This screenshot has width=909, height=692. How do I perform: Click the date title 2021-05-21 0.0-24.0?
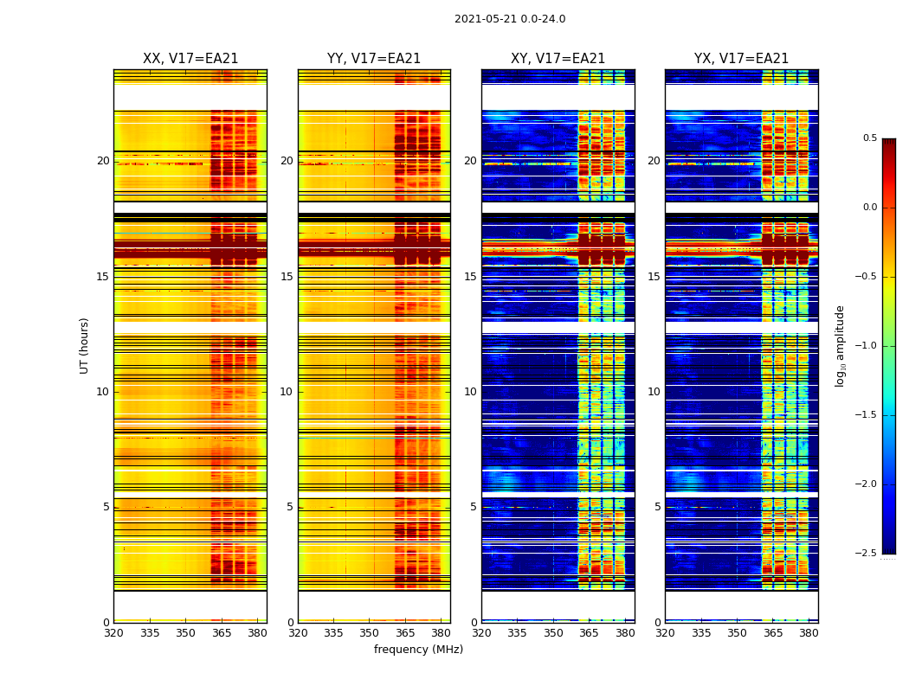point(510,19)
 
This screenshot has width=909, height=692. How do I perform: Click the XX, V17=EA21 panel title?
point(190,59)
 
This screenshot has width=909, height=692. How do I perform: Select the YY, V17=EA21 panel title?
point(374,59)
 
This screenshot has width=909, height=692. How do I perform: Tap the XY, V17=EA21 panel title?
point(558,59)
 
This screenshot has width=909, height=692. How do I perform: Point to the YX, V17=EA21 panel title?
point(741,59)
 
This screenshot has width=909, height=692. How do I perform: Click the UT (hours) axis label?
point(84,345)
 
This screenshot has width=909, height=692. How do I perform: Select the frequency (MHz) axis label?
point(418,650)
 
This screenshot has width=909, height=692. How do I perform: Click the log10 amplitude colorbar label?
point(839,345)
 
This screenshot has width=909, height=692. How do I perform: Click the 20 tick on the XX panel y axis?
point(103,161)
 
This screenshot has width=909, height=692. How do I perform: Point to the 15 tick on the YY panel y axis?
point(287,277)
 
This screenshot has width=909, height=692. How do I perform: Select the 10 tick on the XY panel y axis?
point(470,392)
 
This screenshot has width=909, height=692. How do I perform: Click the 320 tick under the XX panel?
point(113,633)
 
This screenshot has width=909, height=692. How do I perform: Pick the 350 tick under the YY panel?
point(370,633)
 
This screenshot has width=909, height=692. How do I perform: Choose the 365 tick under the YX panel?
point(773,633)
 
